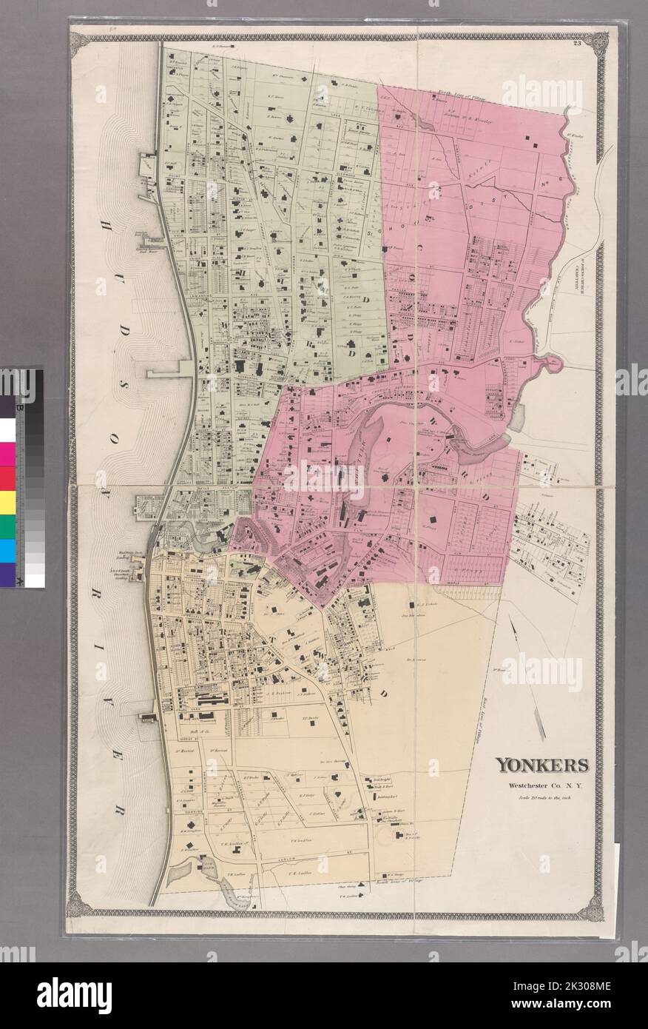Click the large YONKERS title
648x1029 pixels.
(541, 765)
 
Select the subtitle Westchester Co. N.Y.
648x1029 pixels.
(541, 785)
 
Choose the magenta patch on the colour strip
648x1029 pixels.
(7, 455)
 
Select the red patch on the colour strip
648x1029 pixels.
(7, 478)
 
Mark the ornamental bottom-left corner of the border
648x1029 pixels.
(77, 904)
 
